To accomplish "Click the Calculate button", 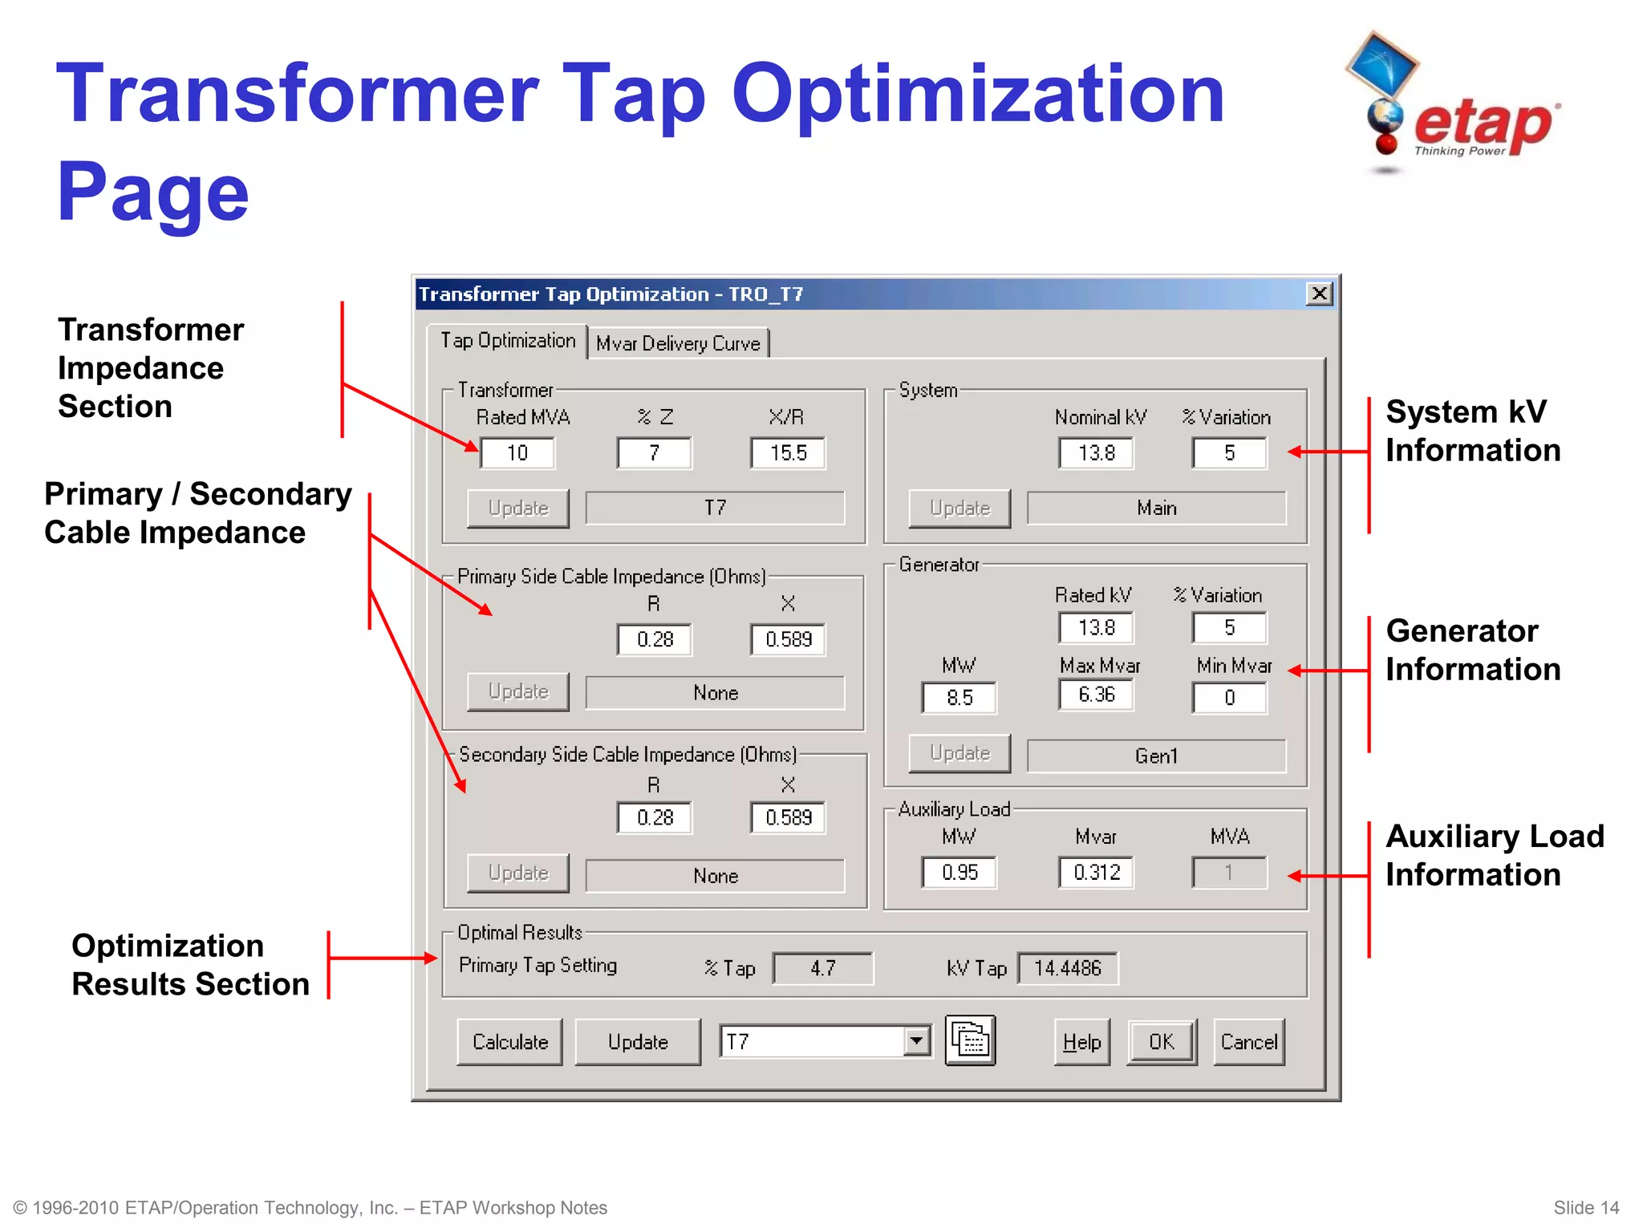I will click(509, 1041).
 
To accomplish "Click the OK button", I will click(1161, 1041).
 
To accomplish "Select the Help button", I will click(1081, 1041).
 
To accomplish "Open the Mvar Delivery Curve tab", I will click(678, 343).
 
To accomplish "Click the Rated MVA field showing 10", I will click(517, 453).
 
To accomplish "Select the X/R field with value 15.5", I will click(788, 453).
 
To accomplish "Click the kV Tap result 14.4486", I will click(1067, 968).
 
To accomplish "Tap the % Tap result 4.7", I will click(822, 968).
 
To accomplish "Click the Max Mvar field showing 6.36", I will click(1096, 695).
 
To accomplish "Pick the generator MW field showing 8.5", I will click(959, 697).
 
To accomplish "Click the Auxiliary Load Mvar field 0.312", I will click(1096, 872).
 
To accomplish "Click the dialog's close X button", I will click(1319, 294).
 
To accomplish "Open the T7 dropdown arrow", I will click(916, 1041).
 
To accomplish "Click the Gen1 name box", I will click(1156, 756).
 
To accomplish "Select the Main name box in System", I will click(1156, 508).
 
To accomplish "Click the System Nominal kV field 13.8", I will click(1096, 453).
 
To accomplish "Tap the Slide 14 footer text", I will click(1585, 1207).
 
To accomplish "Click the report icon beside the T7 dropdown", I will click(970, 1040).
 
